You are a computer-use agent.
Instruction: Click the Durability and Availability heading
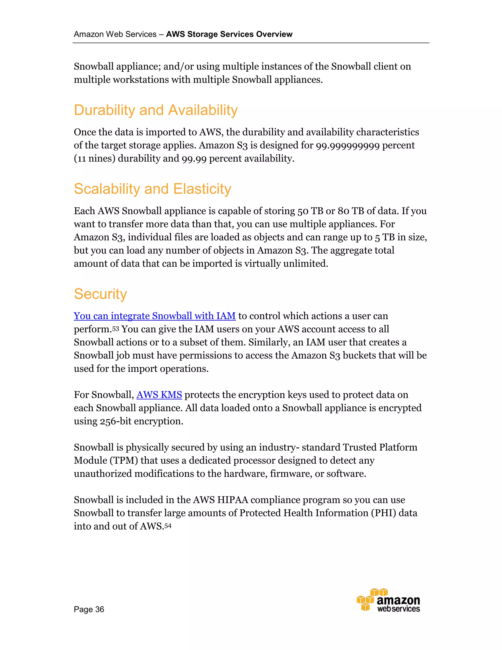156,110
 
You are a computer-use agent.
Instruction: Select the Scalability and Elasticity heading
152,189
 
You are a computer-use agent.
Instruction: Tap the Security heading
100,294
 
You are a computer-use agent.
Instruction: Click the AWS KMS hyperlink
159,395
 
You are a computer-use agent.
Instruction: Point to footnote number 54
168,526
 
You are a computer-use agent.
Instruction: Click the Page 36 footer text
89,609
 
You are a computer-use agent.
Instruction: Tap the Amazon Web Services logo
389,600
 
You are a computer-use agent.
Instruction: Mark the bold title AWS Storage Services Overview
229,34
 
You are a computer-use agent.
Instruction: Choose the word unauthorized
103,473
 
